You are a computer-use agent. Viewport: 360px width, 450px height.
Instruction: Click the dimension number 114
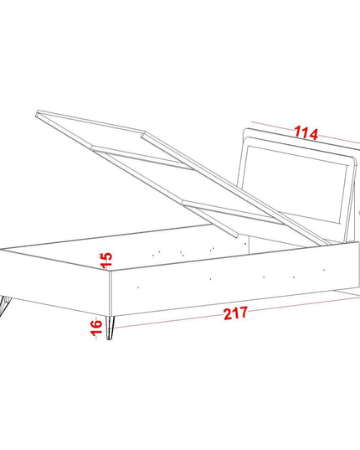(x=306, y=133)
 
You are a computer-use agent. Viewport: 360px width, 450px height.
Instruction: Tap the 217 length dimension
(x=235, y=313)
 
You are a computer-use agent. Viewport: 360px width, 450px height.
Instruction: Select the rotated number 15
(x=105, y=260)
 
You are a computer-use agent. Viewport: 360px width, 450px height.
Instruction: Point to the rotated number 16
(x=96, y=327)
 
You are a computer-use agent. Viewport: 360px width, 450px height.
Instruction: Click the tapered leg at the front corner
(x=110, y=328)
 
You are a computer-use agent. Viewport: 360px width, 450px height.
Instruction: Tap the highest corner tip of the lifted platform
(x=38, y=111)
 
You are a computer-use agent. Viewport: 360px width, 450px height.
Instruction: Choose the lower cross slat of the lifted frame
(x=234, y=212)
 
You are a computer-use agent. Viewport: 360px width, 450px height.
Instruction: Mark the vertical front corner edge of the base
(x=110, y=292)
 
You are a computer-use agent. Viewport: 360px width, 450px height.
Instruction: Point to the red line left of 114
(x=273, y=127)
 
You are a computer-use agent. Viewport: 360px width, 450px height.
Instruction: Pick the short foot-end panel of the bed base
(x=55, y=282)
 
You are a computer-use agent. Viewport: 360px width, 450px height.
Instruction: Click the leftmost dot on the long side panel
(x=138, y=287)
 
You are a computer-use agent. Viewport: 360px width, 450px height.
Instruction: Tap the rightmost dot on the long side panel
(x=324, y=270)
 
